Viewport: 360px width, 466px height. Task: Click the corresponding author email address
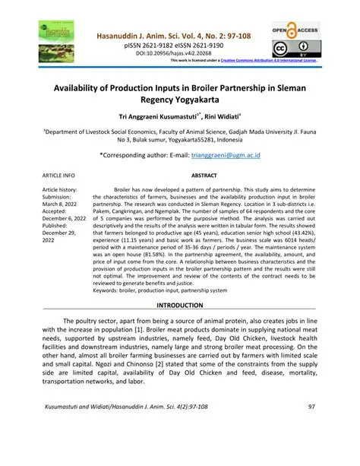[x=226, y=154]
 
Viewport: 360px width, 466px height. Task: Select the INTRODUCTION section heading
[x=179, y=305]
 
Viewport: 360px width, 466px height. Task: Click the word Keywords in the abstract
[x=109, y=290]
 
